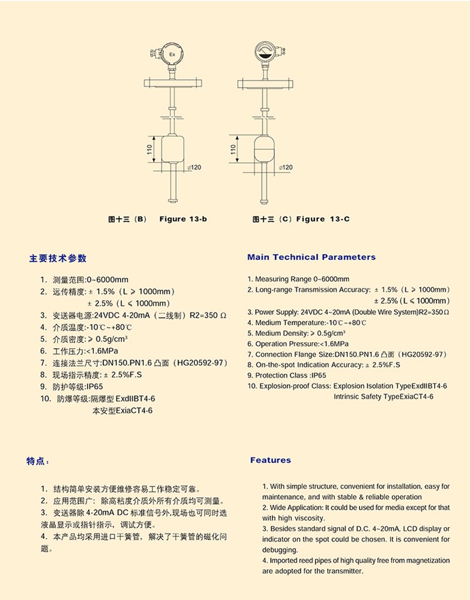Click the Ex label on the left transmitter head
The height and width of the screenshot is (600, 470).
(172, 55)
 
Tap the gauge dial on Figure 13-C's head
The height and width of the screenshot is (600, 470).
(264, 53)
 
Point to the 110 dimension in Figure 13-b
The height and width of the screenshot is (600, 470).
(150, 151)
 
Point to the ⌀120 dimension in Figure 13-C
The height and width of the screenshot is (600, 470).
(285, 167)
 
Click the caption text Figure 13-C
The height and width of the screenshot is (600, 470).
(323, 220)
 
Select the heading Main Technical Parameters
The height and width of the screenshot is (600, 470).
(311, 257)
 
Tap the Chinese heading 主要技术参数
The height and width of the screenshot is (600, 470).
(58, 258)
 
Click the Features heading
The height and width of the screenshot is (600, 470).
(270, 460)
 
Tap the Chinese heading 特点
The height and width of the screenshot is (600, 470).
(38, 461)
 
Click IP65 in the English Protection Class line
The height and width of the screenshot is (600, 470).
(318, 375)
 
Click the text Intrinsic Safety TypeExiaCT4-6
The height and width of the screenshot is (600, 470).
(384, 397)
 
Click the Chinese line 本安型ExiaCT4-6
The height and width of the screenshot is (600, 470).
(123, 411)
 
